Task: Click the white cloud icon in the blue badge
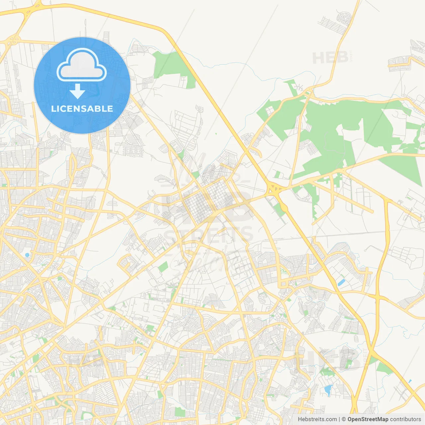82,65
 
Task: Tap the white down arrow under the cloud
78,91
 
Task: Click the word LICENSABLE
82,109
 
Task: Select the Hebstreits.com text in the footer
317,419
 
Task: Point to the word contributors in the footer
405,419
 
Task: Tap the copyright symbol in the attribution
344,419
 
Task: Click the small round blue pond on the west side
27,255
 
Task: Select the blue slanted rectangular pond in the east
341,283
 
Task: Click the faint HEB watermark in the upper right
330,58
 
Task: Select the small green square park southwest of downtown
163,267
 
